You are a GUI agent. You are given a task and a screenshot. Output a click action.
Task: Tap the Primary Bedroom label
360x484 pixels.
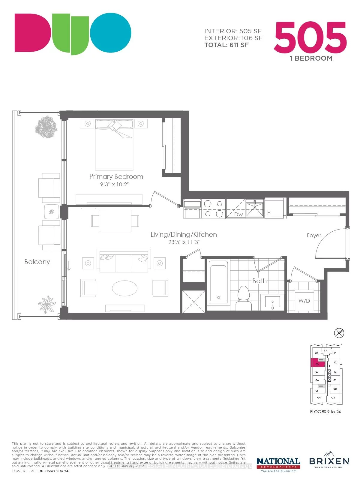[116, 176]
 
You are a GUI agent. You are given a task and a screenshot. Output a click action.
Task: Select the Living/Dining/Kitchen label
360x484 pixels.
[184, 234]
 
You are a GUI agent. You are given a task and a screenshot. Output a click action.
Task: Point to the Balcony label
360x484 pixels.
[37, 262]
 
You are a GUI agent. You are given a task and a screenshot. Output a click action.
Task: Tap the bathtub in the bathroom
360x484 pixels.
[218, 281]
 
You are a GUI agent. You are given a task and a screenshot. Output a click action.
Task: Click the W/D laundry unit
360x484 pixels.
[304, 301]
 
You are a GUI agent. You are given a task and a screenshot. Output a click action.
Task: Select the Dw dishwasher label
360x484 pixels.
[238, 214]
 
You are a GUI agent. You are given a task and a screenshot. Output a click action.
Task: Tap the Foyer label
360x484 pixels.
[314, 236]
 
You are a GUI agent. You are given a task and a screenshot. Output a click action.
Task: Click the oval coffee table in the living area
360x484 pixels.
[124, 288]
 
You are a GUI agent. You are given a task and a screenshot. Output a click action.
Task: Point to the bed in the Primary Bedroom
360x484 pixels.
[114, 144]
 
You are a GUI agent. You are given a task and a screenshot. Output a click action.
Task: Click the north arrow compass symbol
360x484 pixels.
[339, 332]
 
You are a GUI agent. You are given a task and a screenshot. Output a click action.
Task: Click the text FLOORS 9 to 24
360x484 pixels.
[325, 412]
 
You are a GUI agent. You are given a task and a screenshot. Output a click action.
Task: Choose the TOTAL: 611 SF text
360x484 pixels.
[226, 45]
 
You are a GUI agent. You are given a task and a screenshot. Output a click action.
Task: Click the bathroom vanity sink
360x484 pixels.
[272, 302]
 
